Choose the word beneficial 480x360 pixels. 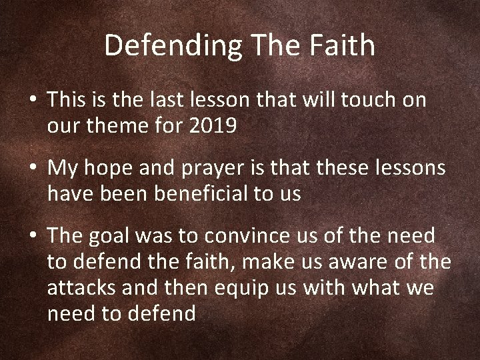click(x=199, y=194)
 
